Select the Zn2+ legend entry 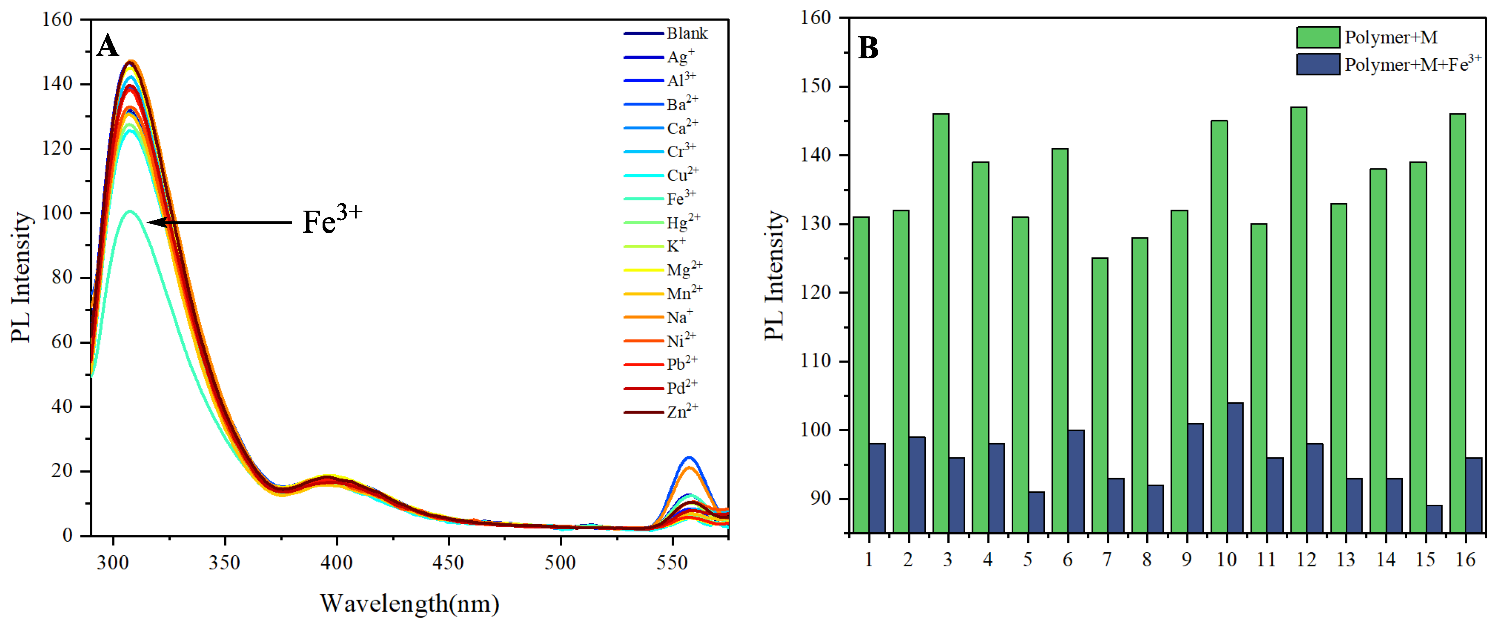click(x=682, y=411)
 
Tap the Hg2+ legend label click(x=683, y=223)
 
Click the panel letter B click(x=868, y=48)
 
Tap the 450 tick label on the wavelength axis click(x=448, y=563)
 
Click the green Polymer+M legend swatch click(x=1317, y=37)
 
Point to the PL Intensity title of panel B click(x=774, y=275)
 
